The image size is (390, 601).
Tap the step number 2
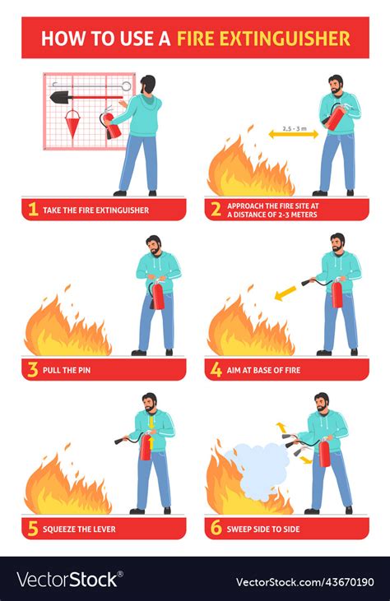coord(216,210)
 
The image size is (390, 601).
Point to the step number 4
coord(216,370)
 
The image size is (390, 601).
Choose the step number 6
coord(216,529)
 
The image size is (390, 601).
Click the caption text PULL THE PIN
coord(67,370)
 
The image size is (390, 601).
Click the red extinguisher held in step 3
coord(157,295)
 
